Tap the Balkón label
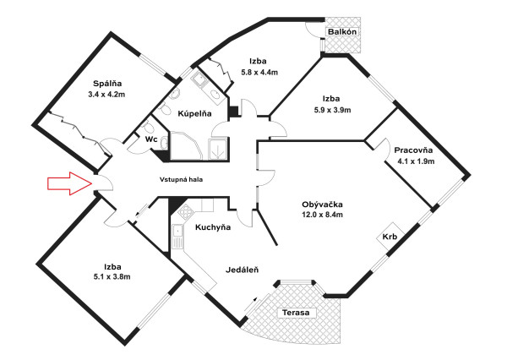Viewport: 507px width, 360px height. point(343,32)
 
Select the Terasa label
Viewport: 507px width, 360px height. point(296,313)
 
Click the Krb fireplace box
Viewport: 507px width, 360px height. point(390,237)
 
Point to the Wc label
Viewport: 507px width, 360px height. point(151,139)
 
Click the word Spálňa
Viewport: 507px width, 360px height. point(107,83)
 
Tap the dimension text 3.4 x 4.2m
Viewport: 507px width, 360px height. point(106,95)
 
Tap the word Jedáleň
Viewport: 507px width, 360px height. point(242,270)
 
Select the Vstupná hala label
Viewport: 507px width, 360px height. point(181,179)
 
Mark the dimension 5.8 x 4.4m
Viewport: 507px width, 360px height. point(259,73)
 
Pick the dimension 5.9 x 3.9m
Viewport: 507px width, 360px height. point(327,110)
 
